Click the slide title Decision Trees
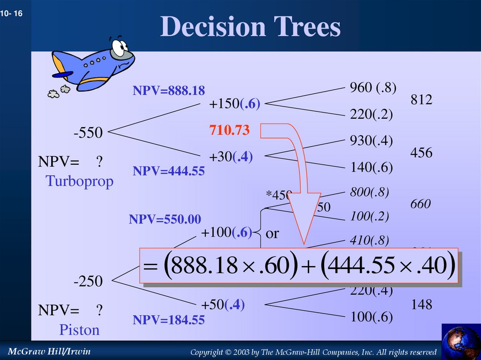[x=250, y=27]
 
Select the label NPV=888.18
[x=169, y=91]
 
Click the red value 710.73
[x=229, y=130]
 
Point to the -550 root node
[x=88, y=133]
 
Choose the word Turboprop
[x=79, y=181]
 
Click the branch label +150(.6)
[x=235, y=104]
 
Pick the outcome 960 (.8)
[x=372, y=87]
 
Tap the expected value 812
[x=421, y=100]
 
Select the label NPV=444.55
[x=169, y=171]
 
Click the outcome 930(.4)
[x=371, y=140]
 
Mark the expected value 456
[x=421, y=153]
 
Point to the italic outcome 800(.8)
[x=369, y=191]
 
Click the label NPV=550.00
[x=165, y=219]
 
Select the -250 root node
[x=88, y=282]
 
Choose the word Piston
[x=79, y=330]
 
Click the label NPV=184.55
[x=169, y=320]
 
